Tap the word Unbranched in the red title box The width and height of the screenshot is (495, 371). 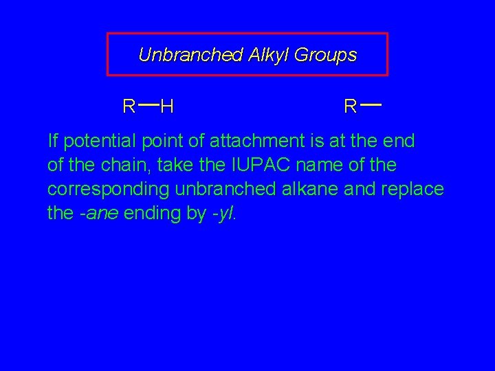pos(188,55)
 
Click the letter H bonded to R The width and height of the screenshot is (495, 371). pos(166,106)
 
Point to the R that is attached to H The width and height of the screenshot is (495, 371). pos(129,106)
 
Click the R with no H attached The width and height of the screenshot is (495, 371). pos(350,106)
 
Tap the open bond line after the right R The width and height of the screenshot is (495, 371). pos(371,104)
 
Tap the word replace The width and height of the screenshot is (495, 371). pos(412,189)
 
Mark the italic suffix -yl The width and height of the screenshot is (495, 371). pos(224,212)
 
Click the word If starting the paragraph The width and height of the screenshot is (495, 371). pos(52,142)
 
